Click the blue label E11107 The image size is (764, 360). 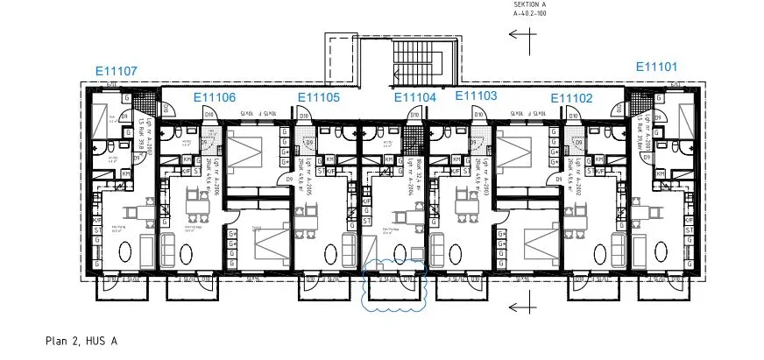coord(116,71)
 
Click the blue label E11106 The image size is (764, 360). coord(214,97)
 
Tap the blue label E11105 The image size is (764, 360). coord(319,97)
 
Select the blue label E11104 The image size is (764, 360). coord(414,97)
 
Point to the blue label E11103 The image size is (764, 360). coord(476,95)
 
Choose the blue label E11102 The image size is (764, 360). coord(571,98)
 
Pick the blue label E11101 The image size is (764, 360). coord(656,67)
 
